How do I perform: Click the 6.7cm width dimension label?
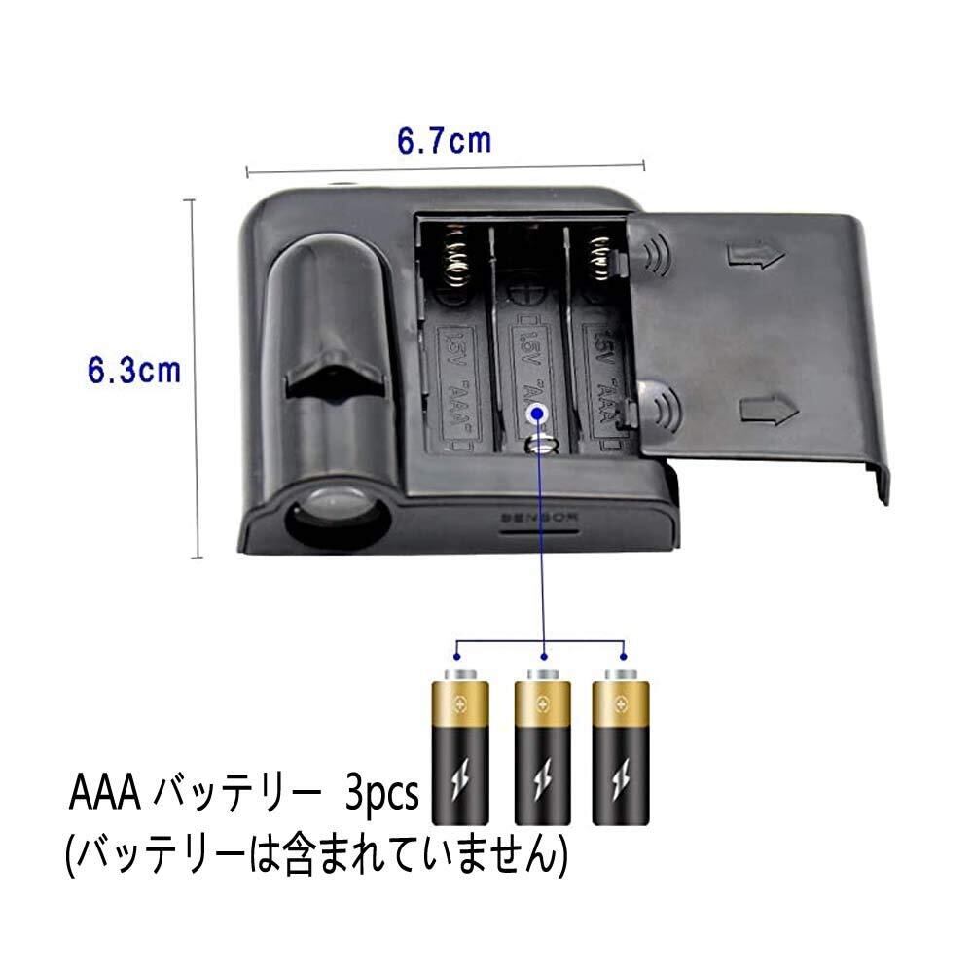click(x=443, y=141)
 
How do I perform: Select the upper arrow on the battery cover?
click(x=755, y=256)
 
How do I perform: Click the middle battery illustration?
click(x=542, y=743)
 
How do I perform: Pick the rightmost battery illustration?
click(x=621, y=743)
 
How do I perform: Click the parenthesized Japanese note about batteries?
click(x=316, y=851)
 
